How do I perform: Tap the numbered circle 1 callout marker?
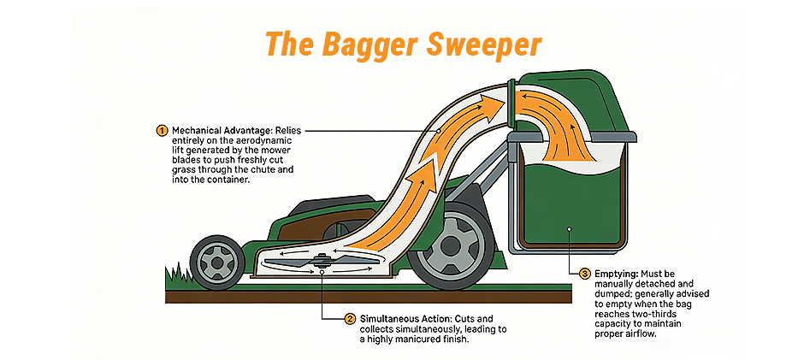[162, 130]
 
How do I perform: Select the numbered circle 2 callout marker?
[350, 318]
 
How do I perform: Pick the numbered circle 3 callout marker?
[585, 274]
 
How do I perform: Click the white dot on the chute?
[438, 130]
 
